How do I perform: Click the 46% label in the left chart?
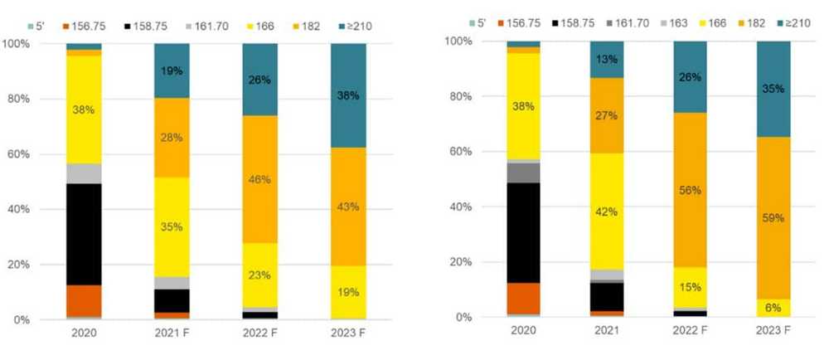click(259, 179)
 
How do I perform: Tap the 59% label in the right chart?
click(773, 217)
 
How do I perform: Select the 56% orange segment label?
click(691, 190)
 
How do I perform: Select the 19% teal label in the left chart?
click(172, 71)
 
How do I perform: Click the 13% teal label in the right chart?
click(607, 59)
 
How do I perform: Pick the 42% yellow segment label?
click(607, 211)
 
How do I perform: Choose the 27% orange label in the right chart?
click(607, 115)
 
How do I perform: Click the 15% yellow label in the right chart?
click(691, 288)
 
